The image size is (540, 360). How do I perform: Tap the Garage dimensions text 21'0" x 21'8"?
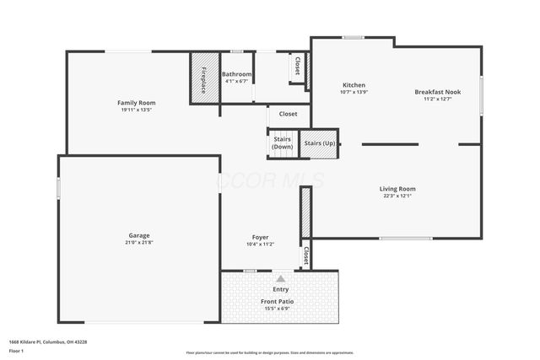139,243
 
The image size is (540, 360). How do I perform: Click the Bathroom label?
236,74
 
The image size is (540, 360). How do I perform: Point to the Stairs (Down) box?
282,143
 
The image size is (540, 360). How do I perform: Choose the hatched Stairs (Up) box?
319,143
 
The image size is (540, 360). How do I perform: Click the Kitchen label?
354,85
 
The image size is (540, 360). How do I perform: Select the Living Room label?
397,189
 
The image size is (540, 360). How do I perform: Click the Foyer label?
260,237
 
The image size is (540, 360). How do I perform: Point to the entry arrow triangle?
280,278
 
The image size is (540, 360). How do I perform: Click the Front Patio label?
278,301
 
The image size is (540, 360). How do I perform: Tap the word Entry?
280,289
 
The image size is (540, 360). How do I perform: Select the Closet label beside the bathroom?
297,66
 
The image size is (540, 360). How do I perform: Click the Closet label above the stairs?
288,114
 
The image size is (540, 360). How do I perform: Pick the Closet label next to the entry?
305,255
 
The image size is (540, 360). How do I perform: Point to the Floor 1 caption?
17,350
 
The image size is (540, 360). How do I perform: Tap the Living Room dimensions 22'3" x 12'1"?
397,196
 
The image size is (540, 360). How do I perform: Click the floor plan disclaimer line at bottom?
270,352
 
